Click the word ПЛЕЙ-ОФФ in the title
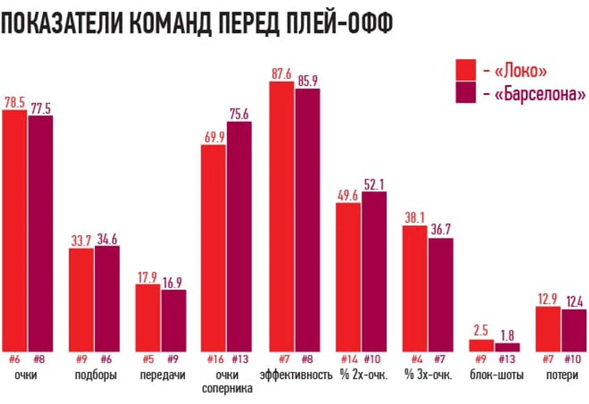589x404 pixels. [x=339, y=23]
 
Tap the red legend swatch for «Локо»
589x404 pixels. [x=466, y=69]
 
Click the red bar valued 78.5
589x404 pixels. [x=15, y=230]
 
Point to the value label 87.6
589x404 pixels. [x=281, y=74]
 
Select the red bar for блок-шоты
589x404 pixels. [x=481, y=345]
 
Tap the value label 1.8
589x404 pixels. [x=507, y=335]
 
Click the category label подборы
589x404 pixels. [x=96, y=375]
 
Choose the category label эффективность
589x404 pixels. [x=296, y=375]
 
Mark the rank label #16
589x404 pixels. [x=215, y=359]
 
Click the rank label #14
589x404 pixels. [x=349, y=359]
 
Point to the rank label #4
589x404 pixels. [x=417, y=359]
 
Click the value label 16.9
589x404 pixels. [x=172, y=282]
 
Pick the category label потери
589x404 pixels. [x=562, y=375]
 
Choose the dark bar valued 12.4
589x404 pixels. [x=574, y=330]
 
